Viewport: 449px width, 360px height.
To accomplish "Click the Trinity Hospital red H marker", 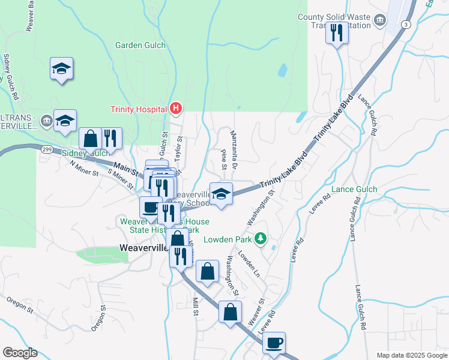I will [x=176, y=109].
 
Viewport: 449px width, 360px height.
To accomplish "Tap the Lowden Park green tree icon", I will [x=260, y=239].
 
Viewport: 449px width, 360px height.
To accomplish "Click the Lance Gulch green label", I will [x=355, y=190].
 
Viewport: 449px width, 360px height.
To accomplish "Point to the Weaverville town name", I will [x=143, y=247].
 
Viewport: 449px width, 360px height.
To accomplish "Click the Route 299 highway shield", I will [x=46, y=148].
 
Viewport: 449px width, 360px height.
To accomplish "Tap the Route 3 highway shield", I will [x=406, y=24].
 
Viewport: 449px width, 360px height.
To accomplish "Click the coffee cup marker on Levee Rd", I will [x=274, y=343].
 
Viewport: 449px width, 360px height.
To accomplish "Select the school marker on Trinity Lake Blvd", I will [x=221, y=194].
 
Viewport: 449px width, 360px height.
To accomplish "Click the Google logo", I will [x=20, y=352].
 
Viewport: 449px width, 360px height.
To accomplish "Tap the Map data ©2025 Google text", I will [x=411, y=355].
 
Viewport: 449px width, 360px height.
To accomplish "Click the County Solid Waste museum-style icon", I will [x=379, y=21].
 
